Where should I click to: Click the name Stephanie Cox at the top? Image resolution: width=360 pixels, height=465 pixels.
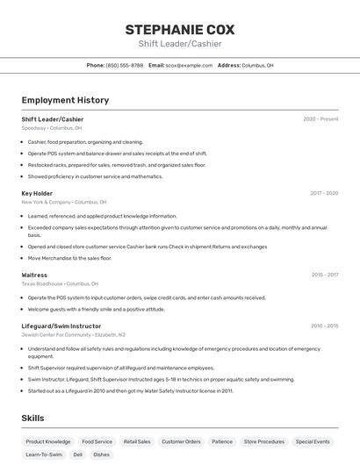(x=180, y=29)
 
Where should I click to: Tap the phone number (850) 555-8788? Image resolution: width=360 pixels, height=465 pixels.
(x=124, y=65)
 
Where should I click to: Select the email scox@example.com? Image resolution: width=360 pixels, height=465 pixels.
(x=189, y=65)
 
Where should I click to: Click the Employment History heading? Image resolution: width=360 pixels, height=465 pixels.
(x=65, y=100)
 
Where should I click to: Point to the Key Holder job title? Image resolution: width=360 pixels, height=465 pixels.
(x=37, y=193)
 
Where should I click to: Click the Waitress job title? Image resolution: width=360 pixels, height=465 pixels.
(x=34, y=275)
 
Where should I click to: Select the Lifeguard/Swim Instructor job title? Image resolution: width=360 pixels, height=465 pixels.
(x=61, y=325)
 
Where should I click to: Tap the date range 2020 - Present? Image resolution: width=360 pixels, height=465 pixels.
(x=320, y=119)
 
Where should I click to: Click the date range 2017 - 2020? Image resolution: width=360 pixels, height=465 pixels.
(x=324, y=193)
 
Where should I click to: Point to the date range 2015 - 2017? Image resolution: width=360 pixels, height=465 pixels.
(x=324, y=275)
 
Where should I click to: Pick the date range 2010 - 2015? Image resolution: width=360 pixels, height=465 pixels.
(x=324, y=325)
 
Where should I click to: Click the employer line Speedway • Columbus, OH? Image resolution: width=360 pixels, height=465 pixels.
(x=52, y=128)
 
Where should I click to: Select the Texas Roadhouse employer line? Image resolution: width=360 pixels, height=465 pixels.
(x=60, y=283)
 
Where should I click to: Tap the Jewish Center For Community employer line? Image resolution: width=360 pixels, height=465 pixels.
(x=73, y=334)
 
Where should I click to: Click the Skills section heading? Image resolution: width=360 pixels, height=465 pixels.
(x=32, y=418)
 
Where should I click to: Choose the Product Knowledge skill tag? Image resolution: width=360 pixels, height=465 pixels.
(x=48, y=442)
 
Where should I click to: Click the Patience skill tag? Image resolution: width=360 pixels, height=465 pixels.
(x=222, y=442)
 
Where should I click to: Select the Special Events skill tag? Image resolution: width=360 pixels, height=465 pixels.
(x=313, y=442)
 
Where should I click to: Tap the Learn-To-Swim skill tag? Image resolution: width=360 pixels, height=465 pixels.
(x=44, y=455)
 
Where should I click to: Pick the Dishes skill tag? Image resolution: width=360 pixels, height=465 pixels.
(x=102, y=455)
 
